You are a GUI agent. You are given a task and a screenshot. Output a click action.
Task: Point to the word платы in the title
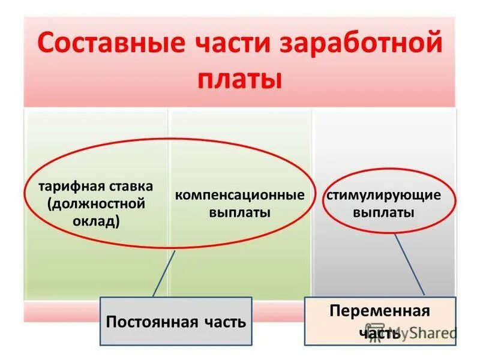click(239, 80)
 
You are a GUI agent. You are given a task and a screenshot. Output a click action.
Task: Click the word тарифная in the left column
click(67, 187)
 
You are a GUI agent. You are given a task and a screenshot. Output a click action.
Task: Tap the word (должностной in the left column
click(97, 203)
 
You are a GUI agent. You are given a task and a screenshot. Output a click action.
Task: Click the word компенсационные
click(239, 196)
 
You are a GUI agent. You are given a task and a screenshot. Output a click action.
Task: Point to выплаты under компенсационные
click(239, 212)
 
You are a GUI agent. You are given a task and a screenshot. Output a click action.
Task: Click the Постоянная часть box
click(176, 322)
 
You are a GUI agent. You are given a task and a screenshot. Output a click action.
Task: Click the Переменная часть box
click(380, 321)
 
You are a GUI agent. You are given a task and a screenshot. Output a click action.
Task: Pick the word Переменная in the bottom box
click(380, 311)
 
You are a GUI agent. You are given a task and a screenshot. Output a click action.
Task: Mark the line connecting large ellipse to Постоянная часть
click(164, 273)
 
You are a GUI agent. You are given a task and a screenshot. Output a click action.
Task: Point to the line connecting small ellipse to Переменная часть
click(410, 265)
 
